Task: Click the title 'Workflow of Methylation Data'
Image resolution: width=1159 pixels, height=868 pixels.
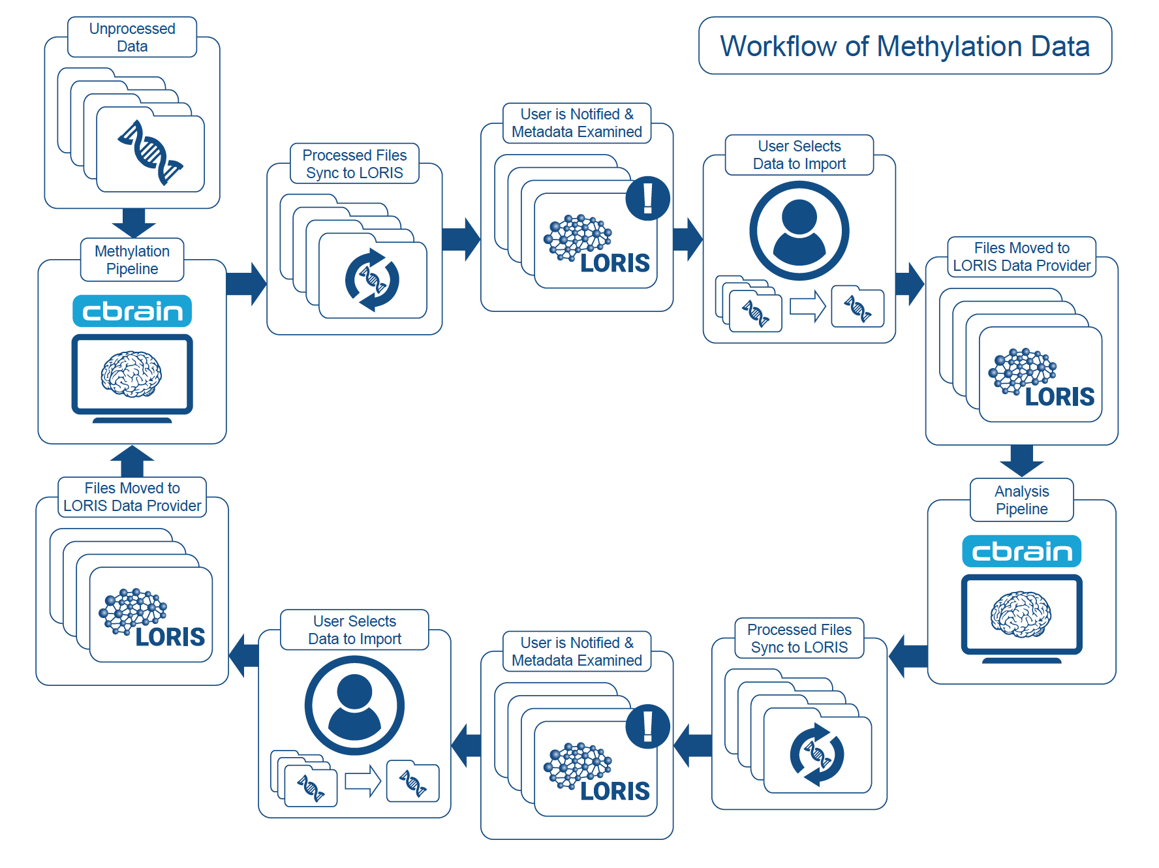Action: (904, 46)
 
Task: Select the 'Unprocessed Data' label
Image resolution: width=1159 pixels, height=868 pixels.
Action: (132, 38)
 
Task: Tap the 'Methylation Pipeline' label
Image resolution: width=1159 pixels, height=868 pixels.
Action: (132, 260)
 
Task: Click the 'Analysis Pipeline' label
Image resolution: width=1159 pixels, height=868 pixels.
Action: (1021, 500)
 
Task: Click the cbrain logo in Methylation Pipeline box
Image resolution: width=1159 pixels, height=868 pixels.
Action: (132, 311)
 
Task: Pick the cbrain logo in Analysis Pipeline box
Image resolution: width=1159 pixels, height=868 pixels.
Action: (1021, 551)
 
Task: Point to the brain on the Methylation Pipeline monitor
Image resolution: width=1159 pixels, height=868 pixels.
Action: (131, 374)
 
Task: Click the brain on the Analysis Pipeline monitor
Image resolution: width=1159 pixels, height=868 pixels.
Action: (1021, 614)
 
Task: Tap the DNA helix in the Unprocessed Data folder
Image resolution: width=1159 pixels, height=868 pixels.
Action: (150, 153)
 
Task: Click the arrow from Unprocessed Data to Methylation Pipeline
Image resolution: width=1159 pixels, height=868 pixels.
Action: (134, 223)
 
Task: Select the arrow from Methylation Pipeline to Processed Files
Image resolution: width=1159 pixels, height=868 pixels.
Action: (246, 284)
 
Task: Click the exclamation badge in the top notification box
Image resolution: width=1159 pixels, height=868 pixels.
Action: (647, 198)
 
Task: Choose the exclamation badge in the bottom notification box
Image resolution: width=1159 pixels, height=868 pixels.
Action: (647, 726)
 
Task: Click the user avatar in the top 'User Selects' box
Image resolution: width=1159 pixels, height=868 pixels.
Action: (799, 230)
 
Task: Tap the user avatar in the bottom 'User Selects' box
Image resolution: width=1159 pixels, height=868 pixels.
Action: (354, 705)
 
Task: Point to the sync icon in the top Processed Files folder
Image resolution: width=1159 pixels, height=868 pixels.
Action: (372, 280)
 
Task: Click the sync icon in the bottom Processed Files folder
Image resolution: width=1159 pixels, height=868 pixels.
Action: (817, 754)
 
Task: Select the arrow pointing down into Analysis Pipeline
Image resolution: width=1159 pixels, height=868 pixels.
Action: (1021, 461)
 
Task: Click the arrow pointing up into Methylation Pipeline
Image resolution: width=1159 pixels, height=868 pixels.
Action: (132, 461)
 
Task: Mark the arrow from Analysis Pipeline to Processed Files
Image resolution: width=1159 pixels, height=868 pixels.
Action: (908, 656)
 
